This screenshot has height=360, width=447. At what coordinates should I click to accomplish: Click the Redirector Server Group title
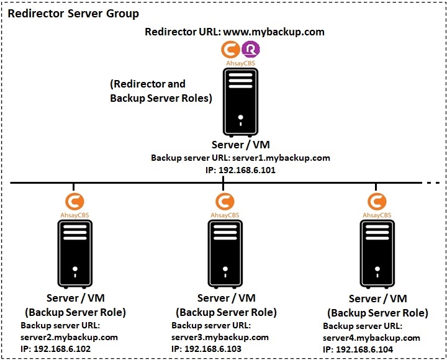(73, 13)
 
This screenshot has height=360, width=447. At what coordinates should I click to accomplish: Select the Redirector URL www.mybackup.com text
(234, 32)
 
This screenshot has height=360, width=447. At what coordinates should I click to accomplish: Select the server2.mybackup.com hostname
(69, 336)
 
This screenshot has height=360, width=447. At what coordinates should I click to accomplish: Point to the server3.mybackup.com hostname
(220, 337)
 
